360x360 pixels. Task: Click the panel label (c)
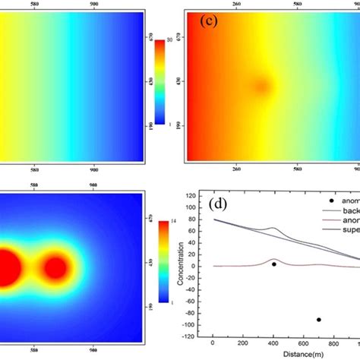click(x=210, y=21)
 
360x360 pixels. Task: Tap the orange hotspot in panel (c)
click(x=260, y=85)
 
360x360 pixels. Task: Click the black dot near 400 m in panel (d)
click(x=274, y=264)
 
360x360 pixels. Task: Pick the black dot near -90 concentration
click(x=318, y=320)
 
